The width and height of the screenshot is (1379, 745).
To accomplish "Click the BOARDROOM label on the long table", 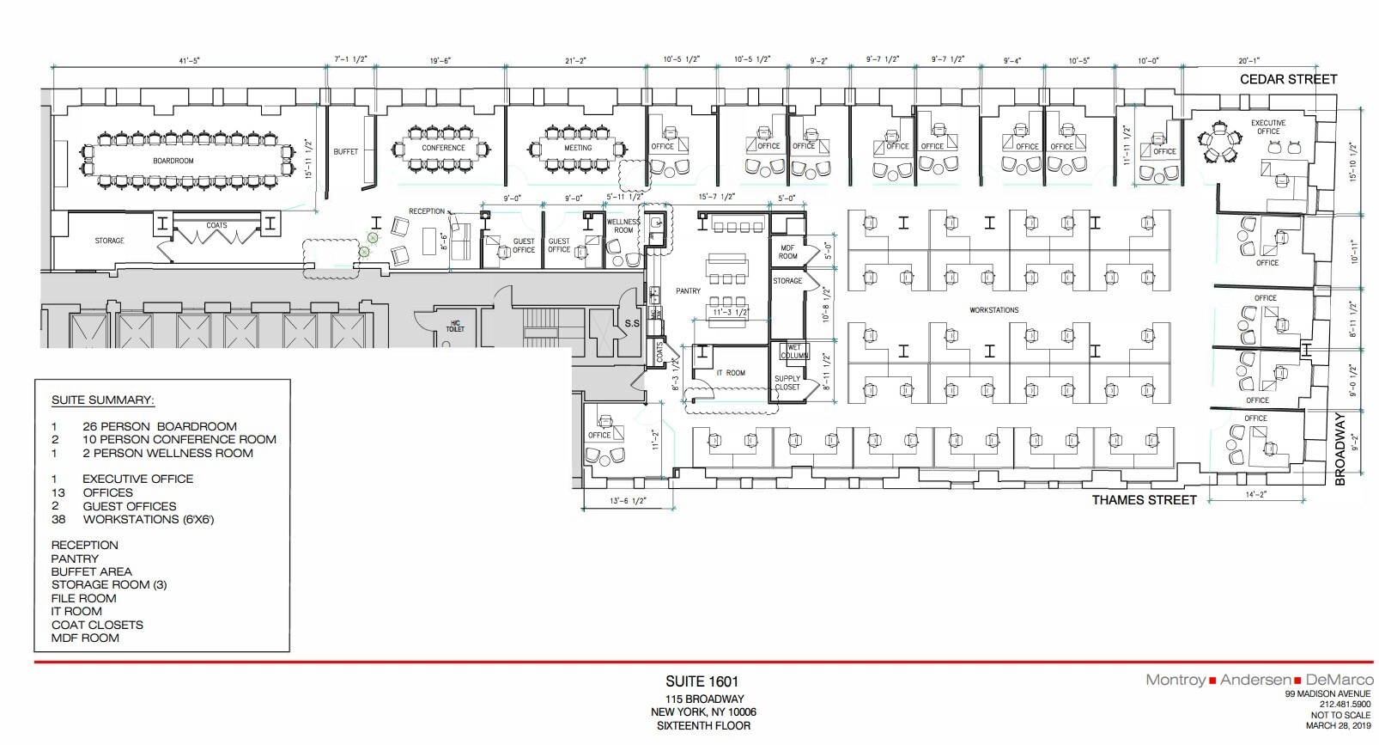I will (x=173, y=161).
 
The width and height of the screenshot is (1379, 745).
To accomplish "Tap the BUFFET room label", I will (x=346, y=151).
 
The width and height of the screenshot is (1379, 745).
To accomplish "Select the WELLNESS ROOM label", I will (x=623, y=226).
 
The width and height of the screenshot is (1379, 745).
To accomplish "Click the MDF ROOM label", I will (x=787, y=252).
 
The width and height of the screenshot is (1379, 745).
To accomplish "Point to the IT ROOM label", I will (x=731, y=373).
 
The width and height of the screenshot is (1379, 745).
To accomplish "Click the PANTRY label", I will (x=688, y=291).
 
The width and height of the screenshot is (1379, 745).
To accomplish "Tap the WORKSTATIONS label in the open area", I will (x=994, y=309).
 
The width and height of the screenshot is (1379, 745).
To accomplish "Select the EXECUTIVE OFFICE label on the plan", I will (x=1267, y=127).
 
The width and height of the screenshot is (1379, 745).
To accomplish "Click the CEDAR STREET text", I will (x=1288, y=79).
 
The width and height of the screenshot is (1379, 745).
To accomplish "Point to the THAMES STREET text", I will (x=1144, y=500).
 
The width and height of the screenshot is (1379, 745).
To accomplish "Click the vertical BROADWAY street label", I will (x=1340, y=449).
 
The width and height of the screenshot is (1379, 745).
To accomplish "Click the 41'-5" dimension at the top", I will (x=189, y=61).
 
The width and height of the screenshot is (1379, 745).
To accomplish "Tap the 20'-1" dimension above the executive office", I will (x=1249, y=61).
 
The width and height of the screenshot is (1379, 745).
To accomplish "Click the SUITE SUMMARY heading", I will (x=102, y=400).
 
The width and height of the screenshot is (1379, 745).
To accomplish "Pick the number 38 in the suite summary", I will (x=58, y=519).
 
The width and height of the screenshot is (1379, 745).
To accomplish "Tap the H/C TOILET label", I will (x=455, y=327).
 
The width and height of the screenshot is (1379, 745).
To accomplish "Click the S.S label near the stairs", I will (x=632, y=324).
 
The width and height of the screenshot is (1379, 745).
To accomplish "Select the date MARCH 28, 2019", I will (x=1339, y=725).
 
